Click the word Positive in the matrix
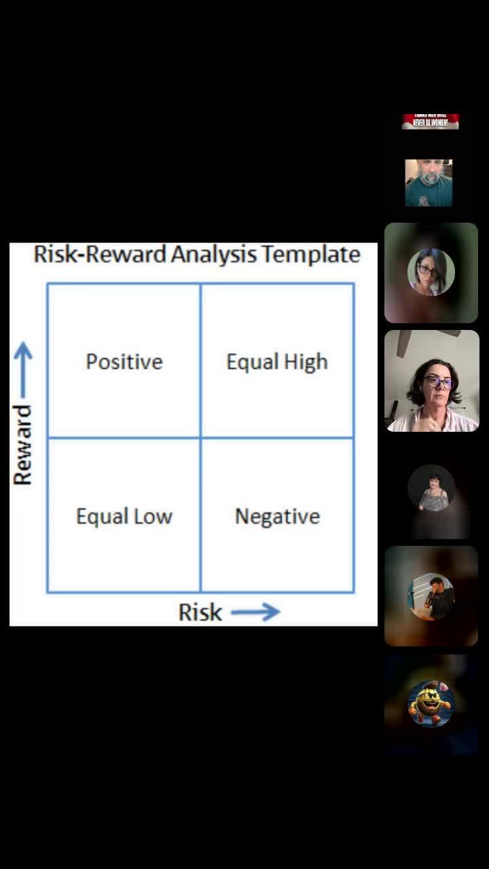click(x=124, y=361)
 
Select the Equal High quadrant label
click(x=277, y=361)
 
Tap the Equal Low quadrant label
click(x=124, y=516)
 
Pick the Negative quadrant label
click(x=277, y=516)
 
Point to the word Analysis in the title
click(x=213, y=255)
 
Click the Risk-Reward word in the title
click(x=100, y=255)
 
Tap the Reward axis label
click(x=22, y=445)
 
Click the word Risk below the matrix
click(x=200, y=612)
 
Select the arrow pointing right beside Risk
click(x=255, y=612)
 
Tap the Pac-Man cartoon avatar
click(x=430, y=704)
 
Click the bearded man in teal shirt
click(x=429, y=183)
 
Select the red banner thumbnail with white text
click(x=431, y=122)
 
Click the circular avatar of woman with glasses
click(x=431, y=272)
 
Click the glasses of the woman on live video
click(x=438, y=382)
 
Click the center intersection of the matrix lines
click(x=200, y=438)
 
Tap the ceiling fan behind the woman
click(x=414, y=335)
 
